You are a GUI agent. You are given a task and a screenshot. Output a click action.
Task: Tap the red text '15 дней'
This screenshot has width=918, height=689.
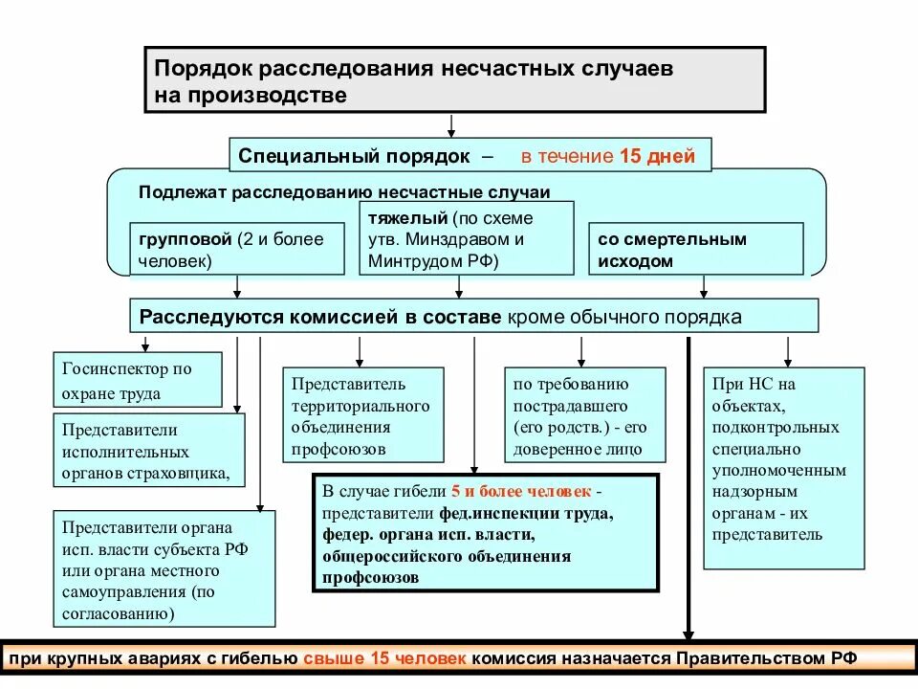pyautogui.click(x=657, y=156)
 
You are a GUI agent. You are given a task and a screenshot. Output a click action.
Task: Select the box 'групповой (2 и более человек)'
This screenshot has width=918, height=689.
pyautogui.click(x=237, y=249)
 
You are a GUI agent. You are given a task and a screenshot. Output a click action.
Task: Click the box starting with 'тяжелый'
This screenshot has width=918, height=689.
pyautogui.click(x=466, y=238)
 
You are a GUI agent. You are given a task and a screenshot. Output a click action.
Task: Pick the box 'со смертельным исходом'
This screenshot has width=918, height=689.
pyautogui.click(x=695, y=249)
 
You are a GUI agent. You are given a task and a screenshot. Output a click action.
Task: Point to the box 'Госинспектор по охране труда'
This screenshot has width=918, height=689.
pyautogui.click(x=138, y=380)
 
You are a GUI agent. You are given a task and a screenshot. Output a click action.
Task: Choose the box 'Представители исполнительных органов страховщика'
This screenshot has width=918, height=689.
pyautogui.click(x=149, y=451)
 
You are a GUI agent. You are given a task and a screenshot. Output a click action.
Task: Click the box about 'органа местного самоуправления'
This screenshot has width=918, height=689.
pyautogui.click(x=164, y=569)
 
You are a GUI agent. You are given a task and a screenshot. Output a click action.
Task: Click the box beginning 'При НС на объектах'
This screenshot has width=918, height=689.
pyautogui.click(x=782, y=468)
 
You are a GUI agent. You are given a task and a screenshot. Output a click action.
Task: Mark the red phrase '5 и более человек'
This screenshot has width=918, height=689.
pyautogui.click(x=521, y=492)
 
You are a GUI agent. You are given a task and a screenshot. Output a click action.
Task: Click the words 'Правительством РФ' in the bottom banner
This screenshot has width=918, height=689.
pyautogui.click(x=769, y=659)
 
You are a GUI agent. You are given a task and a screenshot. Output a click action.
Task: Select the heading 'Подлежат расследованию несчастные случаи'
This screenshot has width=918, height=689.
pyautogui.click(x=344, y=191)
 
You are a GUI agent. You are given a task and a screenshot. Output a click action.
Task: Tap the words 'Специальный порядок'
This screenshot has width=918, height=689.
pyautogui.click(x=354, y=156)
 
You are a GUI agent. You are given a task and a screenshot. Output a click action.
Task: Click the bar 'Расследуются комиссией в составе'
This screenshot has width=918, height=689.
pyautogui.click(x=319, y=316)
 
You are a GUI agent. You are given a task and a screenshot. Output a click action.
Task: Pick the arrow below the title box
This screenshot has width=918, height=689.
pyautogui.click(x=451, y=125)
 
